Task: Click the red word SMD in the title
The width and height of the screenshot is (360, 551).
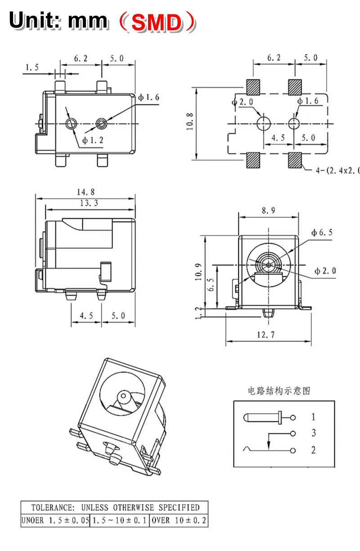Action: click(157, 23)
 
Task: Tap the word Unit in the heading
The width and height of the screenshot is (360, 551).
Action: click(34, 21)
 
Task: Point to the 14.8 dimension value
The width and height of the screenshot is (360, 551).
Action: click(86, 192)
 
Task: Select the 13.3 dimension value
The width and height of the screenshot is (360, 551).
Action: click(89, 203)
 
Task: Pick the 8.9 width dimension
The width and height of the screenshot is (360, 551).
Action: click(268, 210)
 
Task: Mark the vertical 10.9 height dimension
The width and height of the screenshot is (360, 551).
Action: click(199, 272)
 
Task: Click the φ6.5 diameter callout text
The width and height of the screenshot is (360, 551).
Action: click(321, 233)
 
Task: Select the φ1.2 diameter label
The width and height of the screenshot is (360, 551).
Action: click(93, 140)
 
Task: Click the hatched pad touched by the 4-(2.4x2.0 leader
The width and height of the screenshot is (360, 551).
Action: click(295, 159)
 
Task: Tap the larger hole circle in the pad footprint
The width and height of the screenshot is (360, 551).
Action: click(264, 123)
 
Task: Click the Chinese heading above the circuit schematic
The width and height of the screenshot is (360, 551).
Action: click(279, 390)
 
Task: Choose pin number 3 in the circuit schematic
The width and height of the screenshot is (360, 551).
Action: click(314, 433)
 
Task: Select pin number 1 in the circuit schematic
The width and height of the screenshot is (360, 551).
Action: click(314, 417)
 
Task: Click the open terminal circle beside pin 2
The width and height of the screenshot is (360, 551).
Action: click(293, 450)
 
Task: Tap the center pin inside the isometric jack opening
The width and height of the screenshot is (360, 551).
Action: click(123, 397)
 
